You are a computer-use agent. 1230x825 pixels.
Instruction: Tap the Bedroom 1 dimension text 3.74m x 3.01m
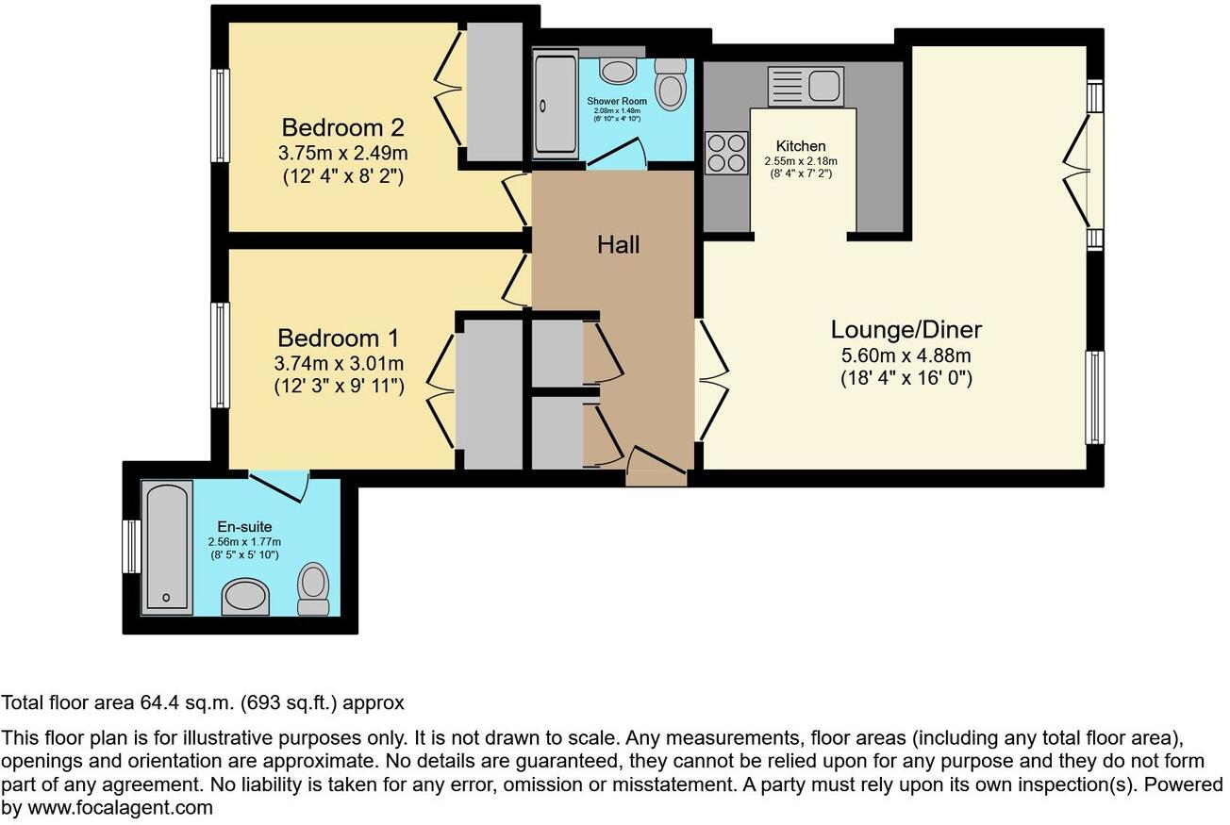[x=340, y=363]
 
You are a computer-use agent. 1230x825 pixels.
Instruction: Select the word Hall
[x=618, y=245]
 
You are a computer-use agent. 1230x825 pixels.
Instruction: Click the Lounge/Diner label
[x=906, y=330]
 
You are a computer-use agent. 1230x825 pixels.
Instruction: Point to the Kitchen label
[x=801, y=146]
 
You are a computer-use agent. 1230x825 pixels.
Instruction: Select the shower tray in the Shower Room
[x=555, y=104]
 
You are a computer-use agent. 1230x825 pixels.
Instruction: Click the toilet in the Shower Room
[x=671, y=83]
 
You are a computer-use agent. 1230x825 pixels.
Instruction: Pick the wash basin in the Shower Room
[x=618, y=71]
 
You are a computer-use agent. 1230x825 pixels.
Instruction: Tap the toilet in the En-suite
[x=313, y=587]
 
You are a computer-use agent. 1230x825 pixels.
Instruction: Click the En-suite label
[x=244, y=528]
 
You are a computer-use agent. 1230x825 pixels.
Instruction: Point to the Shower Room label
[x=617, y=101]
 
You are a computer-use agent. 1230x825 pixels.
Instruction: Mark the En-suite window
[x=132, y=547]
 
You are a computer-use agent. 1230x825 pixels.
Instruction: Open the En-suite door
[x=280, y=485]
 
